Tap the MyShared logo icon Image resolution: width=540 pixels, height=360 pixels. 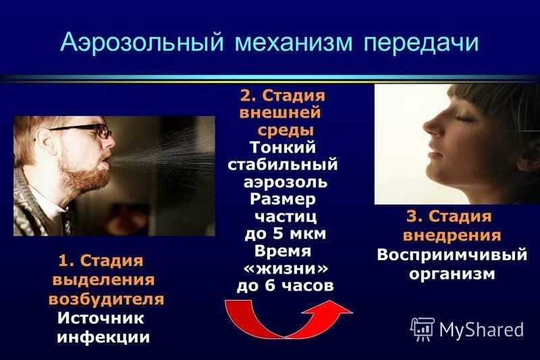click(x=423, y=328)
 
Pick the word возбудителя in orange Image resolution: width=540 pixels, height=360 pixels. click(x=106, y=299)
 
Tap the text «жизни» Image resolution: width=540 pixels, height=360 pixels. click(x=283, y=268)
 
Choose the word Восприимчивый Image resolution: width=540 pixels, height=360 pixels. click(x=452, y=256)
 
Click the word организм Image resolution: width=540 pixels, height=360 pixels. click(x=452, y=274)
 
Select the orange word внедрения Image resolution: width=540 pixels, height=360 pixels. click(x=452, y=236)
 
